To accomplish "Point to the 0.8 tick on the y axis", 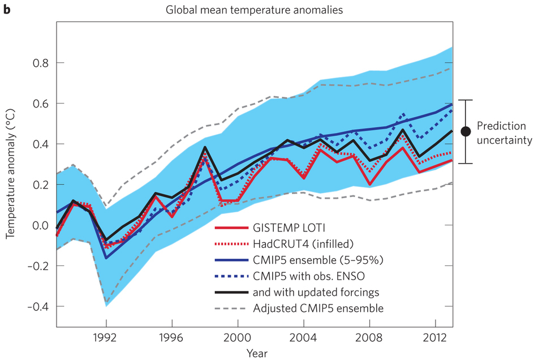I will pyautogui.click(x=41, y=63).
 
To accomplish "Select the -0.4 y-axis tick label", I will pyautogui.click(x=39, y=306).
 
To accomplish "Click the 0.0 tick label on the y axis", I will pyautogui.click(x=41, y=225).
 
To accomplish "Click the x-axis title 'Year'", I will pyautogui.click(x=253, y=354).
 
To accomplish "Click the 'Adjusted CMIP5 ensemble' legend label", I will pyautogui.click(x=318, y=308).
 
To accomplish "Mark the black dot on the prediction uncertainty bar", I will pyautogui.click(x=466, y=131).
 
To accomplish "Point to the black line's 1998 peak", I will pyautogui.click(x=204, y=147).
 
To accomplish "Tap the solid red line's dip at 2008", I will pyautogui.click(x=369, y=185).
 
